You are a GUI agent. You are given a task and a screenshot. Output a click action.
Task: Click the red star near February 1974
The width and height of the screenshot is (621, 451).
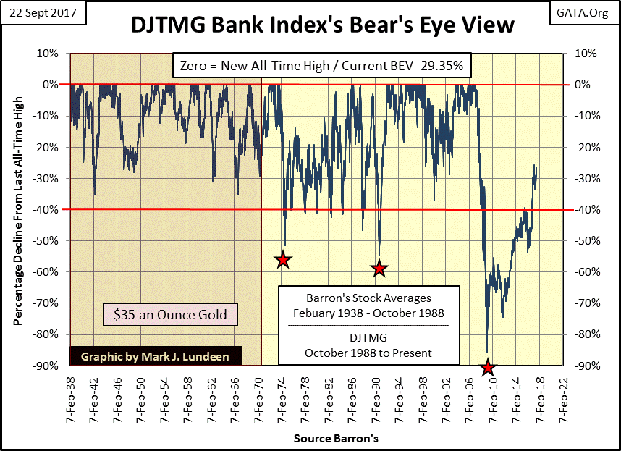click(283, 260)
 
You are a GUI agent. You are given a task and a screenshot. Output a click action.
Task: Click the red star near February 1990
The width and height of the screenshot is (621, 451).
click(379, 269)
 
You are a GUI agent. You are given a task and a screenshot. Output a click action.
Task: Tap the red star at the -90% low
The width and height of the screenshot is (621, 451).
click(488, 368)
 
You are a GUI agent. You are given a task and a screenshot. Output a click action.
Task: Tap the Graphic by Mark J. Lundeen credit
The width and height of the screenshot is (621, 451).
click(156, 357)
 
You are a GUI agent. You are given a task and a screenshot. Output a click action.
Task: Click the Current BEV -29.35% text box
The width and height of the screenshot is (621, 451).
click(322, 67)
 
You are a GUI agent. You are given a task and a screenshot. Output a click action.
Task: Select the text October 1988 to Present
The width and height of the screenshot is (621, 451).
click(369, 353)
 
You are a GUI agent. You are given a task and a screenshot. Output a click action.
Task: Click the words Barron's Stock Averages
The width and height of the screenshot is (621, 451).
click(369, 298)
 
